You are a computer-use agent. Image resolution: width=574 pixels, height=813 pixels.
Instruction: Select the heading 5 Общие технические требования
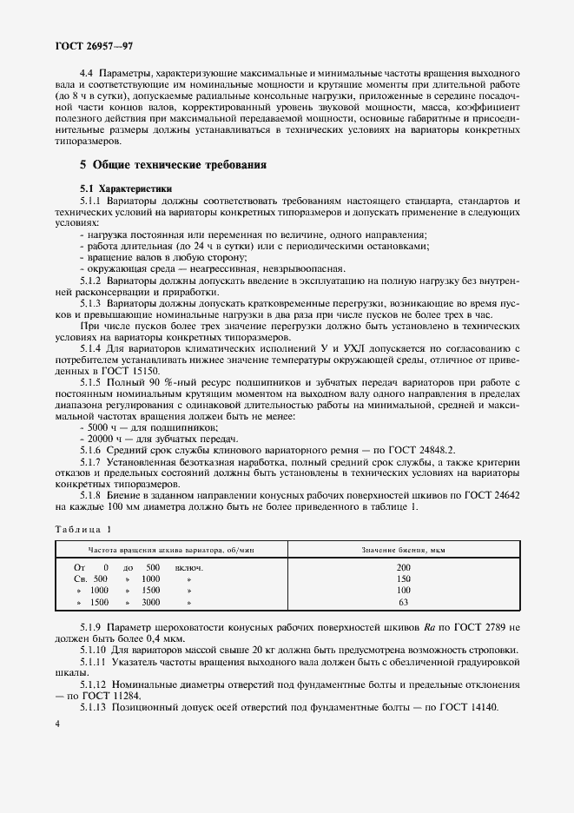(x=173, y=164)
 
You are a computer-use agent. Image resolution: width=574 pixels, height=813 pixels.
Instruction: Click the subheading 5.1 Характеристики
(x=126, y=188)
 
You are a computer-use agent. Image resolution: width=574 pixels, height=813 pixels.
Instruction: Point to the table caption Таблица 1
(x=83, y=529)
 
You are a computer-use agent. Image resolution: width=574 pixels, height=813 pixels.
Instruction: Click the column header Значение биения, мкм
(x=403, y=550)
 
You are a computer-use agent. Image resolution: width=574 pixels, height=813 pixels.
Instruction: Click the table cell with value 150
(x=403, y=578)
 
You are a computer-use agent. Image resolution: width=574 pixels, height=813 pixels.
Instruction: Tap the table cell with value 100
(x=403, y=589)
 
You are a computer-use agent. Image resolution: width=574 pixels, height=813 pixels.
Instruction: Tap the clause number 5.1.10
(x=95, y=649)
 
